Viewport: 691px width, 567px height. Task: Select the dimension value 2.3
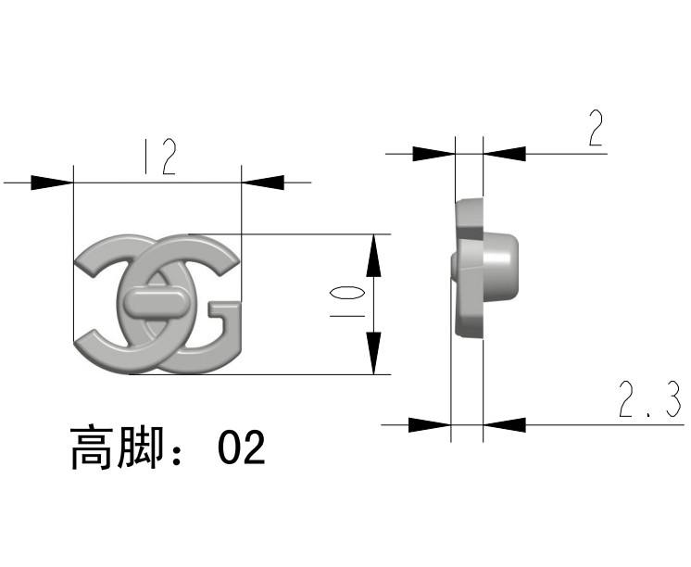click(x=648, y=400)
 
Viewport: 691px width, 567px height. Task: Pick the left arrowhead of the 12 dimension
click(x=52, y=182)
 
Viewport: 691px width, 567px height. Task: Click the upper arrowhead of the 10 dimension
click(x=372, y=254)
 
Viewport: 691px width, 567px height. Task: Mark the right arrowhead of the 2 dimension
click(x=505, y=152)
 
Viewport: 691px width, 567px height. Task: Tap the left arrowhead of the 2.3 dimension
click(x=429, y=424)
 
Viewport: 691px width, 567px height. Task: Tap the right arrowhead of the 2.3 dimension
click(x=505, y=424)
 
